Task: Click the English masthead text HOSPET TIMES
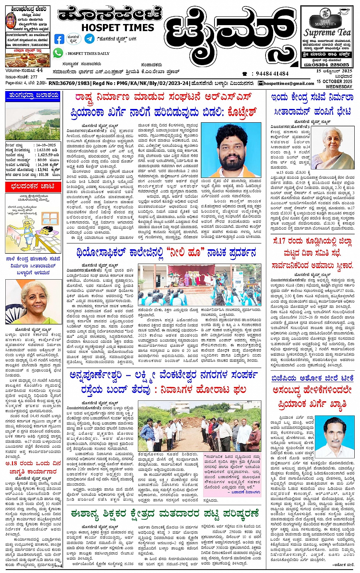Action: [x=117, y=27]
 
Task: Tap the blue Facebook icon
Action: [x=59, y=39]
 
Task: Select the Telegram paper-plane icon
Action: [x=90, y=38]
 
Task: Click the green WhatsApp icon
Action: [x=58, y=53]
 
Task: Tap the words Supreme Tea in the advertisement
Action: [x=327, y=33]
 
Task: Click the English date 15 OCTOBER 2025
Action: [x=334, y=82]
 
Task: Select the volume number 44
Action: [x=40, y=70]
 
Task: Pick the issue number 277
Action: [x=34, y=77]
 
